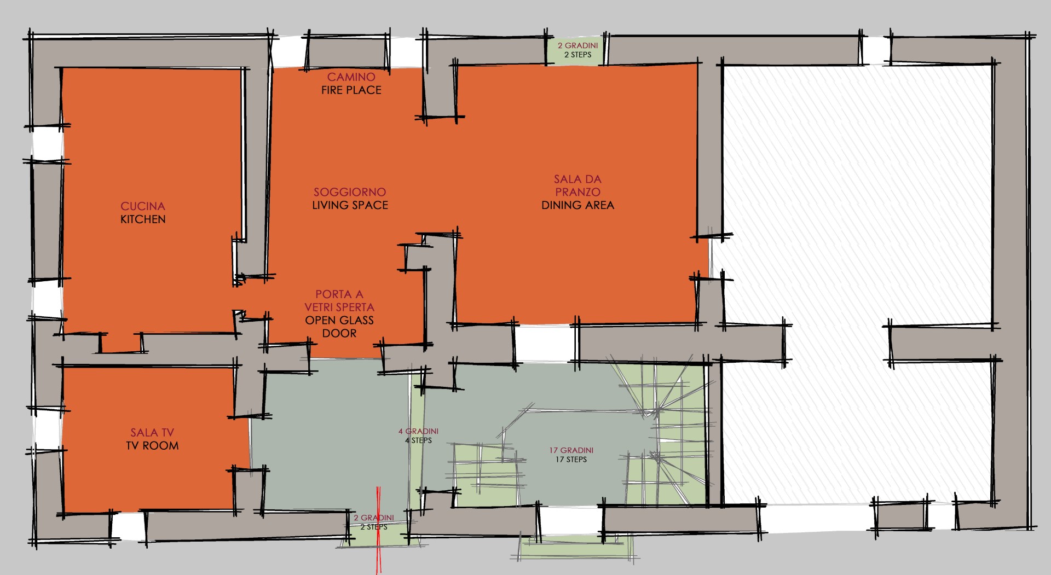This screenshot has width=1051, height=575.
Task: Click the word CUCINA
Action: (x=143, y=206)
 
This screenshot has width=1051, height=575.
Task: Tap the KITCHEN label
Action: (x=143, y=219)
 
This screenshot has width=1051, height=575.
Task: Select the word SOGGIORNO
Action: (x=350, y=192)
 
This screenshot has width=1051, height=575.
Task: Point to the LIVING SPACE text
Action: (x=350, y=205)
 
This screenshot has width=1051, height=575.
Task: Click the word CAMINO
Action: (x=351, y=77)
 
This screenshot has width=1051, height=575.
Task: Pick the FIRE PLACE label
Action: (x=351, y=90)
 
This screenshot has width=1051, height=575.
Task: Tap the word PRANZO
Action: (x=578, y=192)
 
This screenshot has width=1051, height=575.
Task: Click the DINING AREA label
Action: (x=578, y=205)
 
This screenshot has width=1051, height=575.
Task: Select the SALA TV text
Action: (x=152, y=433)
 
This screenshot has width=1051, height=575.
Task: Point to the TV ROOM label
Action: (x=152, y=446)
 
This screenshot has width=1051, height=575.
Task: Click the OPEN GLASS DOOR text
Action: (x=339, y=327)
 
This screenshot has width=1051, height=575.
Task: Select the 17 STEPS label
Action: (x=571, y=460)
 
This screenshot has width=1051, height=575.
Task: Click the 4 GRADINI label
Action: (x=418, y=431)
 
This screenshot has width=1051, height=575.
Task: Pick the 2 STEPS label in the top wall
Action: (x=578, y=55)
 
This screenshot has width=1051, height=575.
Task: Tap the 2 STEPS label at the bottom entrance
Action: (x=374, y=527)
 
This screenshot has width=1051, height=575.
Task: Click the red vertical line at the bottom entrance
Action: (x=378, y=530)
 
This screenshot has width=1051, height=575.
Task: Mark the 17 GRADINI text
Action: (x=571, y=450)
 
